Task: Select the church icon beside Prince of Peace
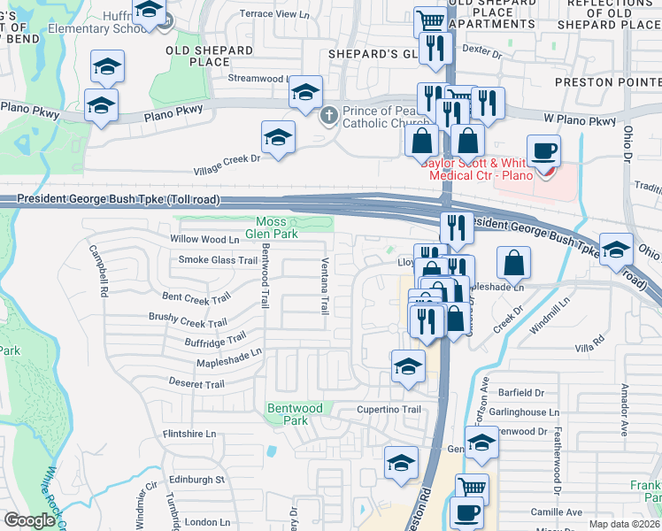[x=329, y=114]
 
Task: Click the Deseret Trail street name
[x=196, y=383]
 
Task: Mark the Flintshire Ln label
[x=190, y=434]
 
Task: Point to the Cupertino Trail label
[x=389, y=410]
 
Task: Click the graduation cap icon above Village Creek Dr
[x=278, y=137]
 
